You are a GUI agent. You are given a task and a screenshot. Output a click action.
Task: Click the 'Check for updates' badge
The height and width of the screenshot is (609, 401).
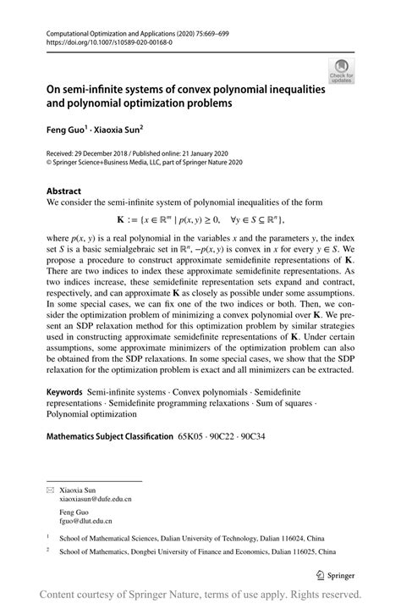coord(342,70)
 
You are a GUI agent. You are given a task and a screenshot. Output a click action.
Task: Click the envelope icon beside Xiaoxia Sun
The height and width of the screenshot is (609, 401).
coord(50,490)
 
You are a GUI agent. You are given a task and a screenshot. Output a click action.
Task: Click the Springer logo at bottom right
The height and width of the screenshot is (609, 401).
coord(335,574)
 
